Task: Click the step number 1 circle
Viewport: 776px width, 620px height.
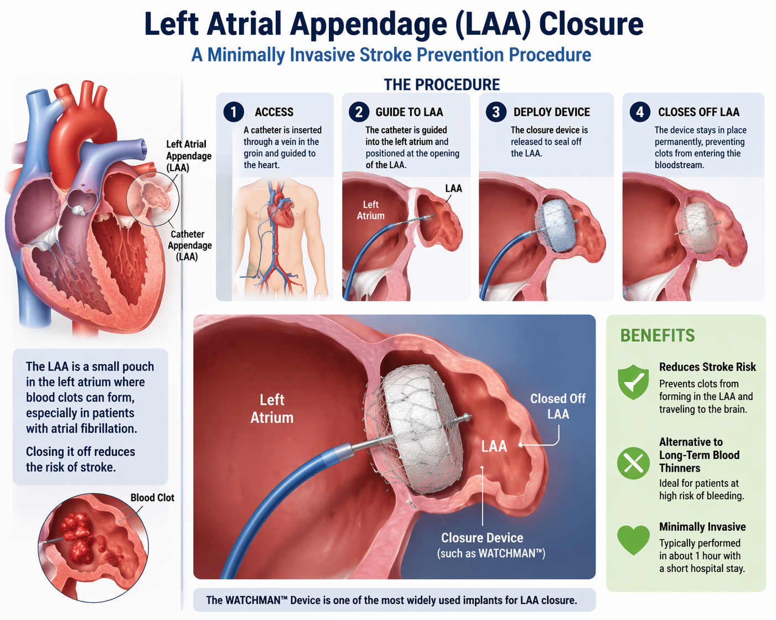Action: (234, 112)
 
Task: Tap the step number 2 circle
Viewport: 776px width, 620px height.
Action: (359, 112)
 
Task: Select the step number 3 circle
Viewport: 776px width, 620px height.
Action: (496, 112)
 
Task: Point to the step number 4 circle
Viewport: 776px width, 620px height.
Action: (640, 112)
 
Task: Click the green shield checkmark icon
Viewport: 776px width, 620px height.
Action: (633, 382)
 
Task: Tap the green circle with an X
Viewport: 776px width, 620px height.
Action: (633, 463)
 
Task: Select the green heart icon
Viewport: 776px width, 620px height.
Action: (633, 539)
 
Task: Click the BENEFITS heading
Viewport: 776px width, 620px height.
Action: (657, 335)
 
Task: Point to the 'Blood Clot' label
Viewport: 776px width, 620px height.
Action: (152, 497)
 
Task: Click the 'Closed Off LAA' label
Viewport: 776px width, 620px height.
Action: (557, 406)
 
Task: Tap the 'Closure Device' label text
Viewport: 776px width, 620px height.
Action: (482, 538)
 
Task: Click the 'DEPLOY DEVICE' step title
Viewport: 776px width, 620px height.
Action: (551, 112)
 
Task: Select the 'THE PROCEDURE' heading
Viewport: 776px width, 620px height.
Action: (442, 85)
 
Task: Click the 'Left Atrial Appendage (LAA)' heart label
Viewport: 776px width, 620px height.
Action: (188, 155)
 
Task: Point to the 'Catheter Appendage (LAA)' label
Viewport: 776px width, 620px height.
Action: (189, 245)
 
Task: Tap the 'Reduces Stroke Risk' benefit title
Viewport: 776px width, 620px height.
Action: (707, 367)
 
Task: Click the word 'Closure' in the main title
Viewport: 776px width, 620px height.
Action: (591, 24)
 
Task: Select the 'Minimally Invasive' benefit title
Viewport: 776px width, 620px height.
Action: (702, 527)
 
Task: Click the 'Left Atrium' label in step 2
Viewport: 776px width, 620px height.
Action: (370, 210)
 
